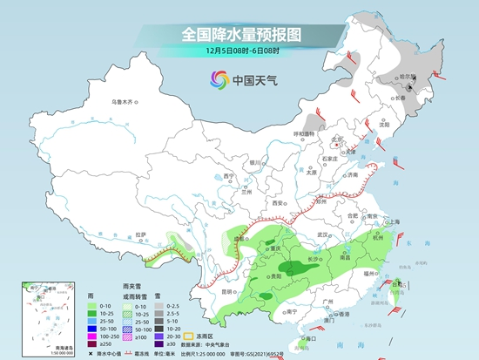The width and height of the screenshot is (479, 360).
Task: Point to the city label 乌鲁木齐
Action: (123, 102)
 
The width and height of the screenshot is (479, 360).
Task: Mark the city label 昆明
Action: (228, 292)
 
